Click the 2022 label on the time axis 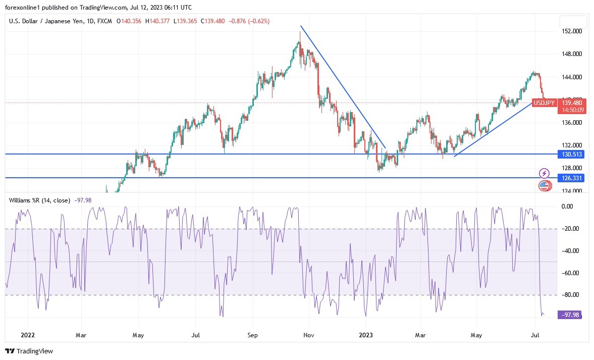click(28, 334)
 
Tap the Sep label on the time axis click(253, 334)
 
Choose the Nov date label click(309, 334)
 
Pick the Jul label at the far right click(535, 334)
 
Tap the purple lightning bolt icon click(544, 173)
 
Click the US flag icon click(544, 186)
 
